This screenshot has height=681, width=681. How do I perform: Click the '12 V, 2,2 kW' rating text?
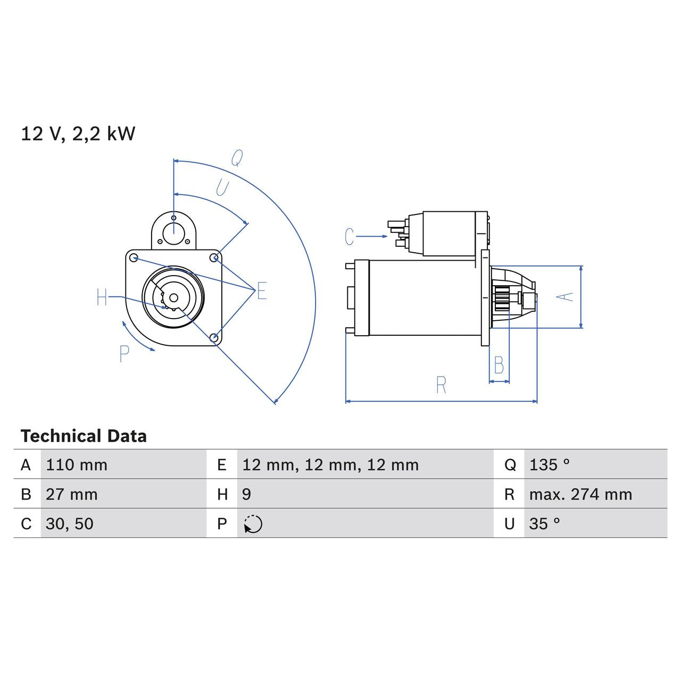[78, 134]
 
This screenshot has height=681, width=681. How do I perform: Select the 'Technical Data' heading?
[84, 436]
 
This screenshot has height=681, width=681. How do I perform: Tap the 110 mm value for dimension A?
[77, 465]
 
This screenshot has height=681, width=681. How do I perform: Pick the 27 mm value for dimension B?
[72, 494]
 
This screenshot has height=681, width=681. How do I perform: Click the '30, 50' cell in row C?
[70, 524]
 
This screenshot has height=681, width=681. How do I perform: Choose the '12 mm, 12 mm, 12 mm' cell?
[330, 465]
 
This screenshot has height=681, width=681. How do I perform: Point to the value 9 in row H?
[246, 494]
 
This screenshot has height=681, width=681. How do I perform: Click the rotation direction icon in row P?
[253, 524]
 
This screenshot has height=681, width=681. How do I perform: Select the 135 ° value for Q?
[549, 465]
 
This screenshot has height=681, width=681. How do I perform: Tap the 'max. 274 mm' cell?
[580, 494]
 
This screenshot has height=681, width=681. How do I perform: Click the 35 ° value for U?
[544, 524]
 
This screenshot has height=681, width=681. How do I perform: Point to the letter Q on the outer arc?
[237, 158]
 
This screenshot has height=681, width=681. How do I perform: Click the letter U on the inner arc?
[222, 187]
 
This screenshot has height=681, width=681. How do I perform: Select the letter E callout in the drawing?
[261, 291]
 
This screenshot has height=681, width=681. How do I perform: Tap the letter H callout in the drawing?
[102, 297]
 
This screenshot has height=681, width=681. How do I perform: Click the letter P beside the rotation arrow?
[124, 354]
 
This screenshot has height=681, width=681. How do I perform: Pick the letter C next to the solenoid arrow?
[349, 237]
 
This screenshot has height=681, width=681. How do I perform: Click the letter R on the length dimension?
[441, 385]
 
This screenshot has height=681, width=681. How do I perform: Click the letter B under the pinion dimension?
[499, 366]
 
